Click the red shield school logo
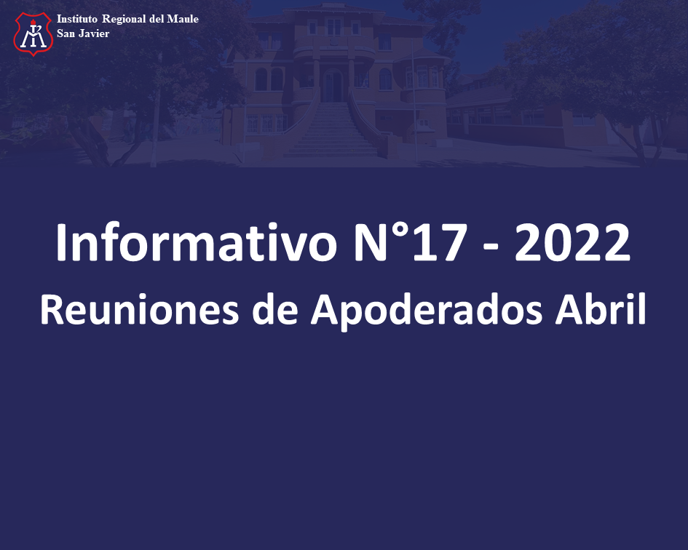click(x=33, y=33)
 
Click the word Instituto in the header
click(x=76, y=19)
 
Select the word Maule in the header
click(x=183, y=19)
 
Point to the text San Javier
click(x=83, y=33)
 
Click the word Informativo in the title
click(x=196, y=243)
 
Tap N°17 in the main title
click(x=409, y=242)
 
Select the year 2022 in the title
click(x=572, y=242)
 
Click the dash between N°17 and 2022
click(x=490, y=249)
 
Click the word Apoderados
click(x=427, y=311)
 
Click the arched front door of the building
click(x=333, y=85)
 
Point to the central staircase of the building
click(x=332, y=129)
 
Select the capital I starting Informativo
click(x=60, y=242)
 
